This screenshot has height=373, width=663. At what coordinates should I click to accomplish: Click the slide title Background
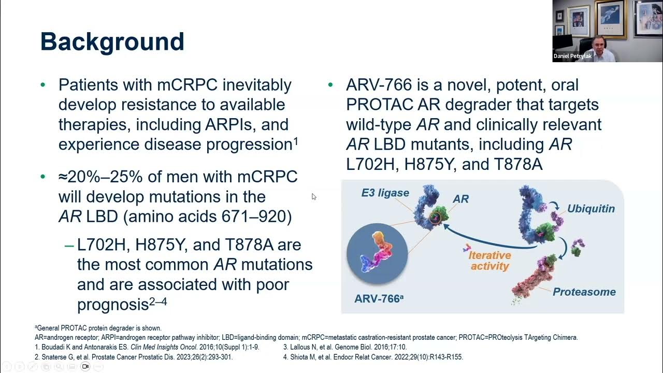[x=112, y=42]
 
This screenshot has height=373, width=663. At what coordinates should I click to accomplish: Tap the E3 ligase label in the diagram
[x=385, y=193]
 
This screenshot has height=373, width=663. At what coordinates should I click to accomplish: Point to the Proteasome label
[x=584, y=292]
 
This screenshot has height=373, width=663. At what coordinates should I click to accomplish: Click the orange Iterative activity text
[x=489, y=261]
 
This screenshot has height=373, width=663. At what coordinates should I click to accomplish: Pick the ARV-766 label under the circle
[x=379, y=299]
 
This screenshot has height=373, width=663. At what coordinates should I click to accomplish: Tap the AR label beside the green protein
[x=460, y=199]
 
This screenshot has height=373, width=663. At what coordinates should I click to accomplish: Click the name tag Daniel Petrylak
[x=572, y=56]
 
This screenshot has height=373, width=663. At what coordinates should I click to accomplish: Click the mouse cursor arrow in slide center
[x=313, y=196]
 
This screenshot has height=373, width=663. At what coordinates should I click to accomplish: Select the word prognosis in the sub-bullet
[x=112, y=305]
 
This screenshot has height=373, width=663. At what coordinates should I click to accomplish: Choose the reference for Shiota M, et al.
[x=372, y=357]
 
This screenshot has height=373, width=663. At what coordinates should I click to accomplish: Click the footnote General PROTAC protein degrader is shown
[x=98, y=328]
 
